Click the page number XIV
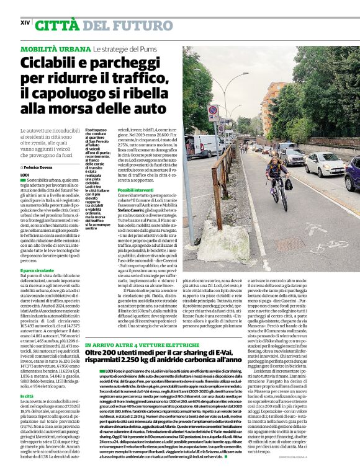25,22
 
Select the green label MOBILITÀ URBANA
56,48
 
